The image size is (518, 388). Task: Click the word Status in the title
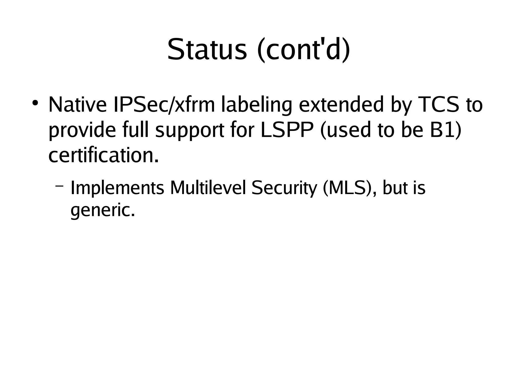tap(207, 49)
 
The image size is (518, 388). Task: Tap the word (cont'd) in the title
tap(304, 49)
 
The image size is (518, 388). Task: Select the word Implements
tap(117, 188)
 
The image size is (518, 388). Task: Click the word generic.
tap(102, 211)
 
